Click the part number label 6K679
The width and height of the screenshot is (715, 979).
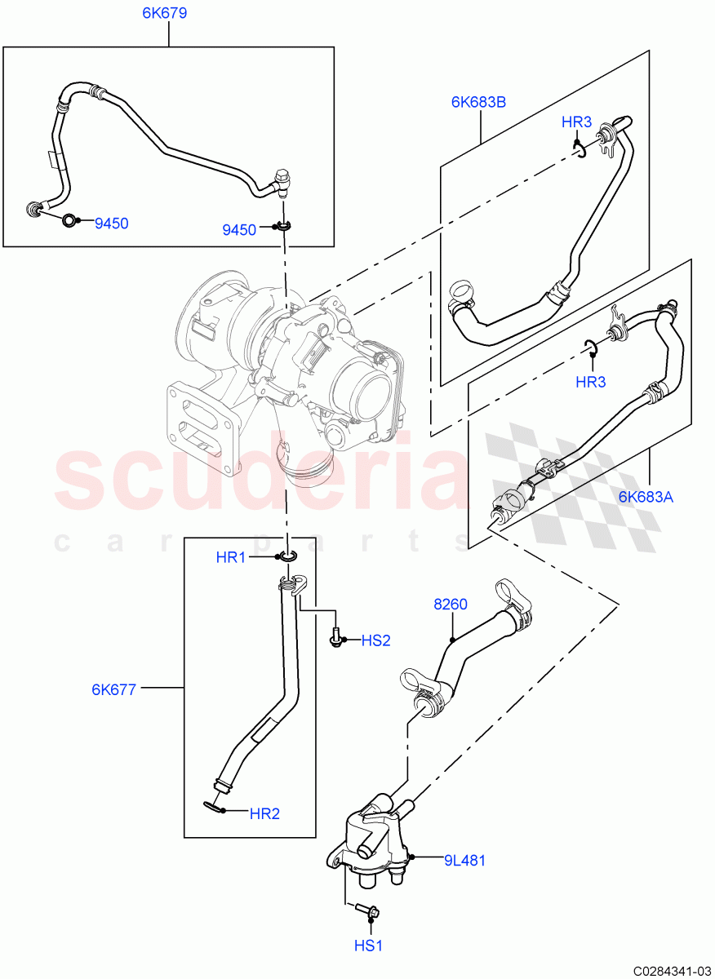point(169,14)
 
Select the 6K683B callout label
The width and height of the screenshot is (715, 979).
point(478,102)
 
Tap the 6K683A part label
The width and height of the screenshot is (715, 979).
point(645,496)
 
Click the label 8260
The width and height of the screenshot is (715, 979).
point(450,605)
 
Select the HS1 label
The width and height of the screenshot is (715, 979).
point(368,946)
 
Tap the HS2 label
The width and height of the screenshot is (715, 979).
point(375,641)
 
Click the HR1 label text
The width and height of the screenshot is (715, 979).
point(231,557)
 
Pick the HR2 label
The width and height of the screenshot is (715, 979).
point(264,813)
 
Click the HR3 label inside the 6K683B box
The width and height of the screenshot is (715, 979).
point(576,122)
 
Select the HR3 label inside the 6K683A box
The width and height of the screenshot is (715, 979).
point(590,382)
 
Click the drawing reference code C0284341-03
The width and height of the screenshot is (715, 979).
point(666,970)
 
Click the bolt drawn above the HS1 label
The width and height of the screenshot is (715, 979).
point(367,910)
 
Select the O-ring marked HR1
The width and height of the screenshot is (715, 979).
point(286,556)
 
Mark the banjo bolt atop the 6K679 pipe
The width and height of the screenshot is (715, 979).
point(282,182)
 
